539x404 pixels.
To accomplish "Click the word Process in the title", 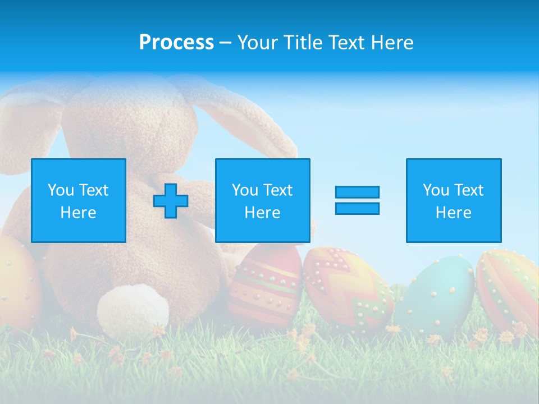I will click(176, 43).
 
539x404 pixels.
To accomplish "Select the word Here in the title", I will click(391, 43).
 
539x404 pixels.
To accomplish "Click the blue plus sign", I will click(171, 201).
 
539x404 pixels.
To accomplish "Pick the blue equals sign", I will click(357, 200).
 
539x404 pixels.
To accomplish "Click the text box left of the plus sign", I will click(79, 200).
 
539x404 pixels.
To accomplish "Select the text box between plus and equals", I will click(263, 200).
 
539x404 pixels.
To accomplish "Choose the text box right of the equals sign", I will click(454, 200).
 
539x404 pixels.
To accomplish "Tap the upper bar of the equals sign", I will click(357, 192).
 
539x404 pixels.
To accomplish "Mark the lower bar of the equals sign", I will click(357, 209).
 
